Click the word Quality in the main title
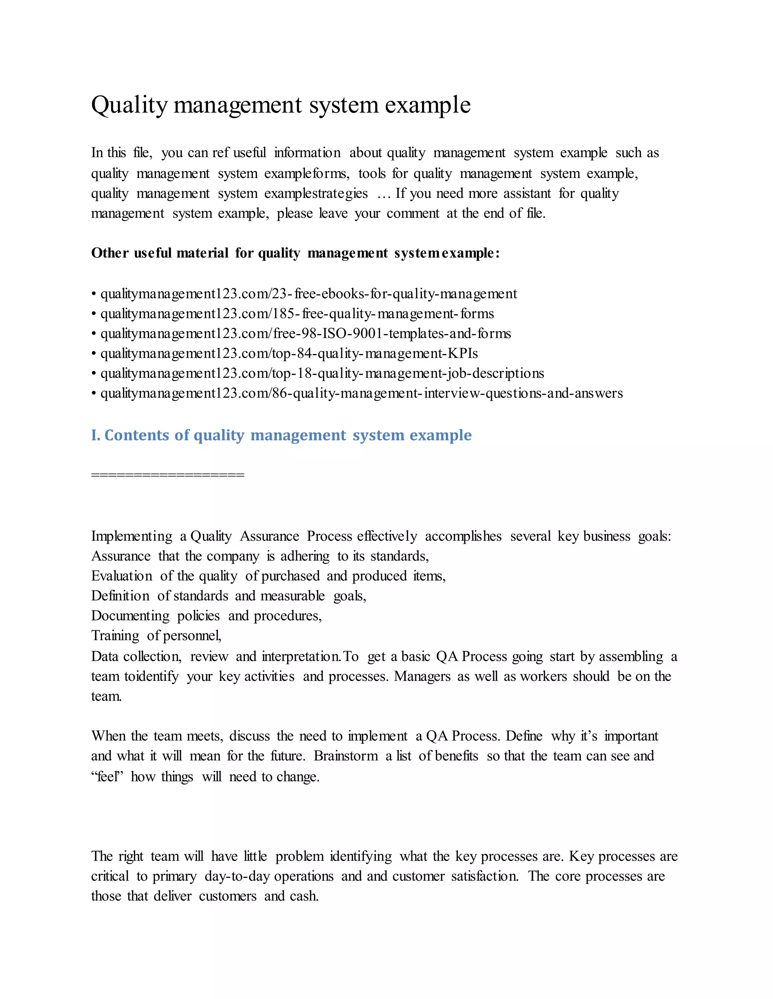129,105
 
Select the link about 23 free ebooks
308,294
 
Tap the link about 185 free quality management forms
297,314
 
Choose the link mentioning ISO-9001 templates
305,334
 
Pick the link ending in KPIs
289,354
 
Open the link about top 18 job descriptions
322,373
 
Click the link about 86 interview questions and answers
361,393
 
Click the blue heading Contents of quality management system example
281,435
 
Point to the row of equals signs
168,475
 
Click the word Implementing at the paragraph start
132,536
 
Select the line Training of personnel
156,636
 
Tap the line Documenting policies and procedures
206,616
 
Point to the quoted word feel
107,777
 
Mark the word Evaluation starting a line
122,576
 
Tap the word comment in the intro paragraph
413,214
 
